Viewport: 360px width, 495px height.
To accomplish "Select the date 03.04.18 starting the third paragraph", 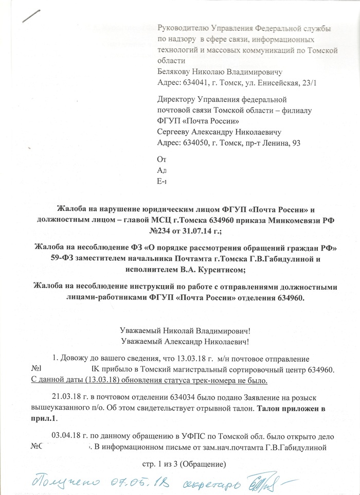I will pyautogui.click(x=65, y=436).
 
